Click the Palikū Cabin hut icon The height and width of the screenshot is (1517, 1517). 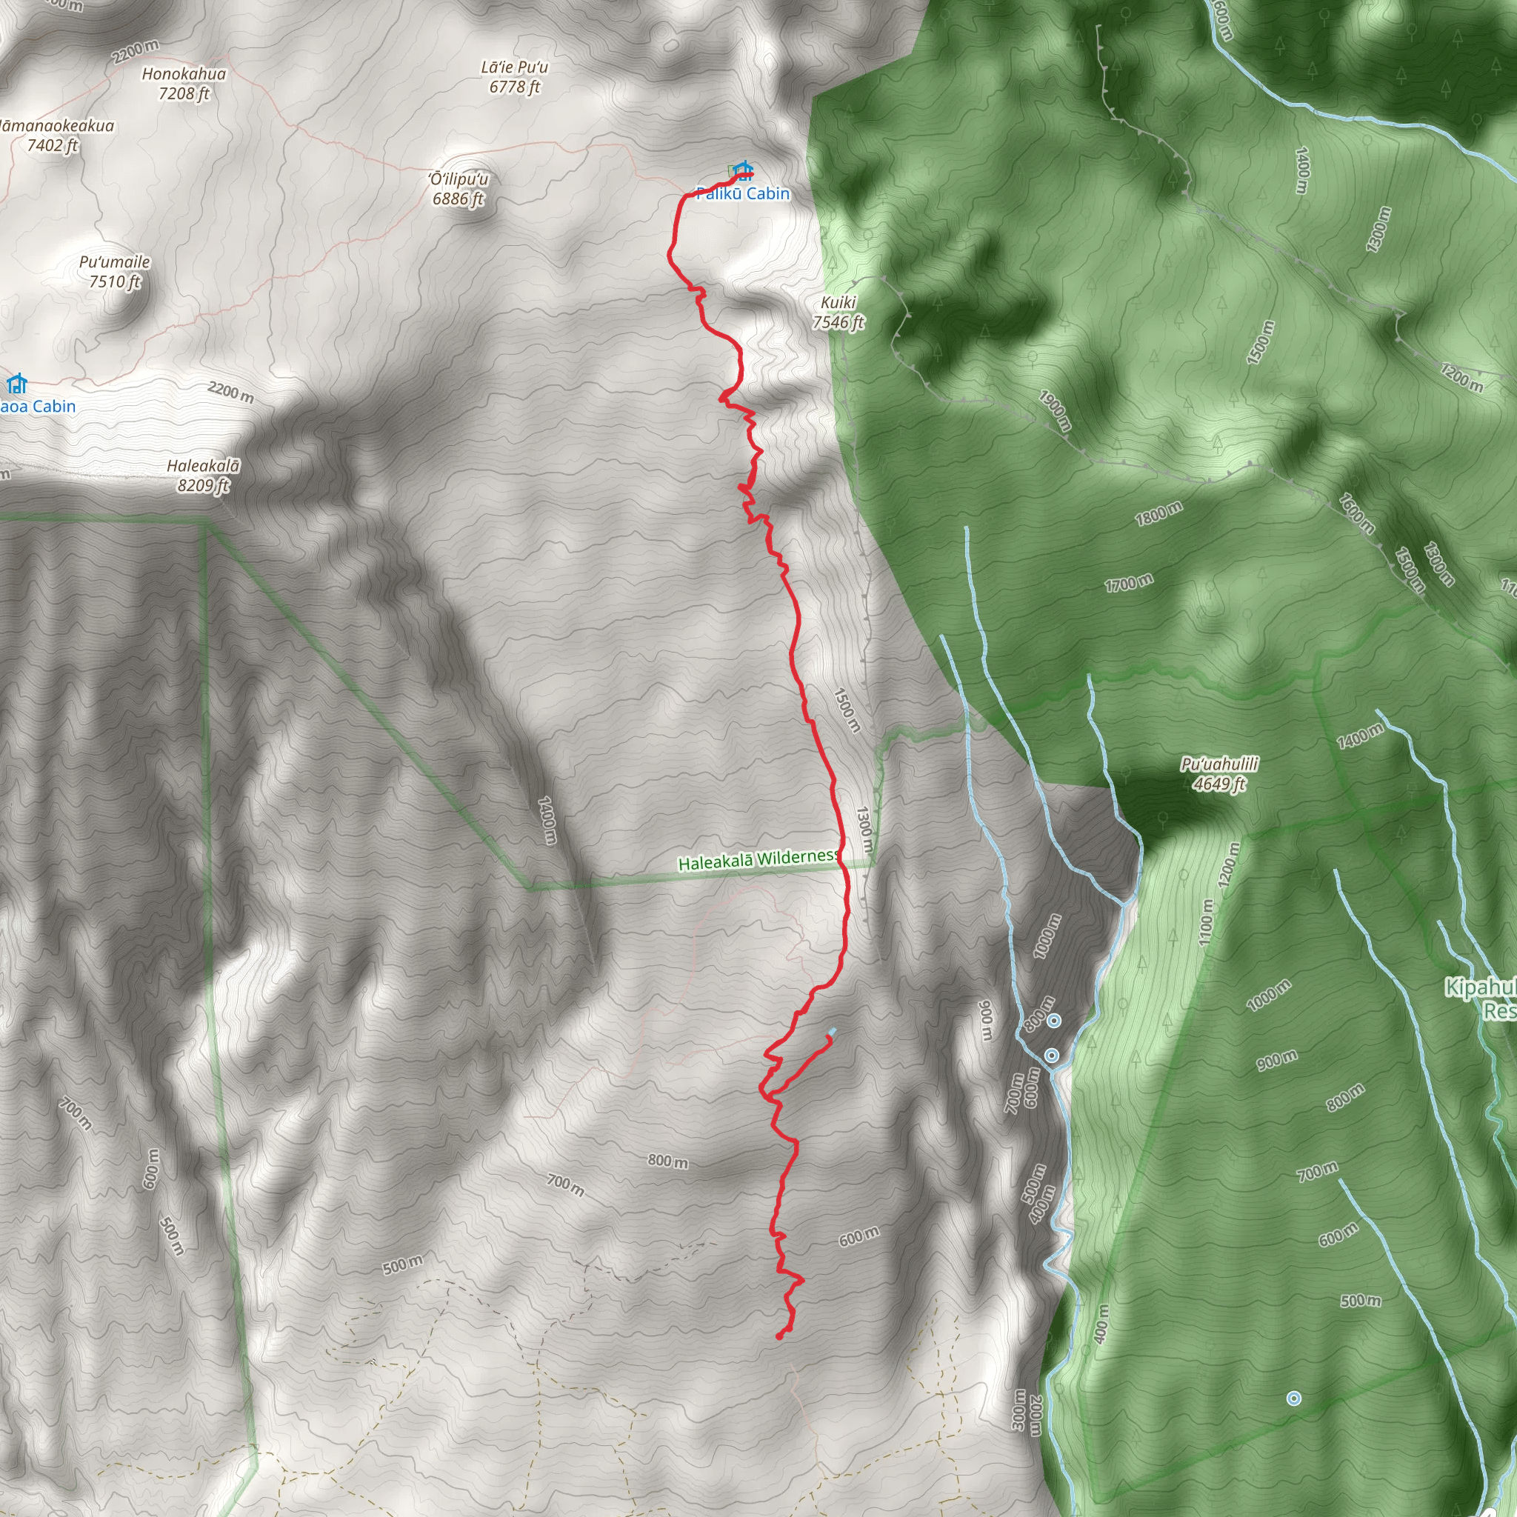(743, 170)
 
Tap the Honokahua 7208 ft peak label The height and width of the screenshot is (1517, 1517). (184, 83)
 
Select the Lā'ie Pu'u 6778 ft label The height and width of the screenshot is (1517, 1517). (514, 77)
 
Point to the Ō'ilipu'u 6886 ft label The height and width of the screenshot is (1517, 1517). (459, 188)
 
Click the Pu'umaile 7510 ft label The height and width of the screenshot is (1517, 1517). (115, 272)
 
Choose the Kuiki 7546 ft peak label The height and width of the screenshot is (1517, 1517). (838, 313)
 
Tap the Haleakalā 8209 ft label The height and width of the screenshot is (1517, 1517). (202, 475)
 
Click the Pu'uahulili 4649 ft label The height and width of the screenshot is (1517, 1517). (1219, 773)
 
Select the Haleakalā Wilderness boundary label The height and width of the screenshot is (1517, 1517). (758, 860)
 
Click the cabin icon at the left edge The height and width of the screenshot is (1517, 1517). (16, 384)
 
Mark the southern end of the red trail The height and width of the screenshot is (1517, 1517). (779, 1336)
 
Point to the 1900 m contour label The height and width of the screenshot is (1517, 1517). (1055, 410)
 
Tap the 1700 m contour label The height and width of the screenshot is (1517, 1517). (1128, 584)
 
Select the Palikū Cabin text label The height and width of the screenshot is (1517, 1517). (743, 194)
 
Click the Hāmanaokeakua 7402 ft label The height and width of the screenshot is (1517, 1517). (55, 135)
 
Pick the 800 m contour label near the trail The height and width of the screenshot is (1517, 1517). (667, 1161)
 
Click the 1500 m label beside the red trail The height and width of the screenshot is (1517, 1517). (847, 710)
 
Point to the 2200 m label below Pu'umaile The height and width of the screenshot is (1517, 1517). (231, 391)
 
